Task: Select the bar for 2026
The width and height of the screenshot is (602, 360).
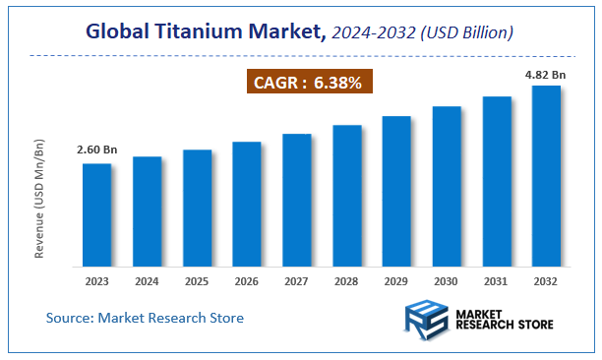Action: click(247, 204)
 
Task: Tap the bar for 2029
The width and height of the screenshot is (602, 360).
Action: click(396, 191)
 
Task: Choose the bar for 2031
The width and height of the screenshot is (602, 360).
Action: click(497, 181)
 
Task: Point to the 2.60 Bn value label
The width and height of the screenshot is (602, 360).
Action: click(96, 150)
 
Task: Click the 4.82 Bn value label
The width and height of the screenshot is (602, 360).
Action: click(546, 73)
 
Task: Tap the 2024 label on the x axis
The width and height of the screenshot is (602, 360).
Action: click(147, 280)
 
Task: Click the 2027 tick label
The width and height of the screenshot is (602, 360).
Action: click(297, 280)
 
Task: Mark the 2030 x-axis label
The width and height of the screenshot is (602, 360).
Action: click(447, 280)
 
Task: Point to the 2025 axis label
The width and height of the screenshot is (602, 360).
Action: click(197, 280)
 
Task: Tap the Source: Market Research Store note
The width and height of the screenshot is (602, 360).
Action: click(145, 318)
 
